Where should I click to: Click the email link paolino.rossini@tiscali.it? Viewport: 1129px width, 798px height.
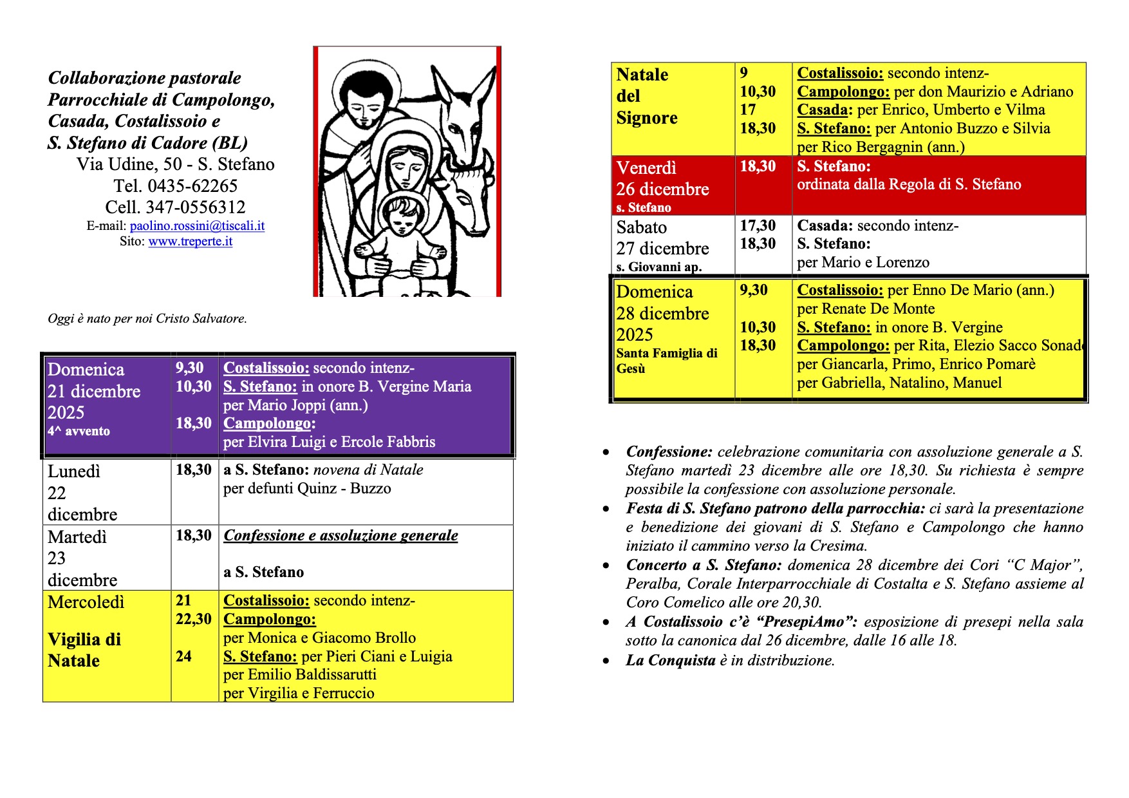pyautogui.click(x=197, y=226)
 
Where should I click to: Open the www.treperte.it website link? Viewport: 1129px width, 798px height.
pyautogui.click(x=190, y=242)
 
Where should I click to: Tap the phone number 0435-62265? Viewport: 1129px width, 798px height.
pyautogui.click(x=192, y=186)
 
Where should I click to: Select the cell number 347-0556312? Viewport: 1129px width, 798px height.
pyautogui.click(x=196, y=207)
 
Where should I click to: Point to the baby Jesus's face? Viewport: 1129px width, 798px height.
pyautogui.click(x=403, y=220)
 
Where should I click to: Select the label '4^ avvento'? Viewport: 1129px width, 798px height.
pyautogui.click(x=79, y=432)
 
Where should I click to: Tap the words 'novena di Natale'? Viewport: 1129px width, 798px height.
pyautogui.click(x=368, y=470)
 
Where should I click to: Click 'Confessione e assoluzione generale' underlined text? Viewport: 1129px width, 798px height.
pyautogui.click(x=341, y=536)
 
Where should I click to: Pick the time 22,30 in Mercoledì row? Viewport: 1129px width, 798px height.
pyautogui.click(x=193, y=619)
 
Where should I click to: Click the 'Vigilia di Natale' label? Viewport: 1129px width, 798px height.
pyautogui.click(x=84, y=650)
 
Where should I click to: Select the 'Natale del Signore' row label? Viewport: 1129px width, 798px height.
pyautogui.click(x=646, y=97)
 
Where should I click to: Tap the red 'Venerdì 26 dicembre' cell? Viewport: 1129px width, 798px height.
pyautogui.click(x=662, y=179)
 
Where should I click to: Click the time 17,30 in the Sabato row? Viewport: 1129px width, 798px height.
pyautogui.click(x=758, y=225)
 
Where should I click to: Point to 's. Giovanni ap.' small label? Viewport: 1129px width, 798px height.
pyautogui.click(x=658, y=267)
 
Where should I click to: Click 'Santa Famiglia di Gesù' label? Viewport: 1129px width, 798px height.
pyautogui.click(x=666, y=361)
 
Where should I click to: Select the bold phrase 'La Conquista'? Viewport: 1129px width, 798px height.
pyautogui.click(x=670, y=660)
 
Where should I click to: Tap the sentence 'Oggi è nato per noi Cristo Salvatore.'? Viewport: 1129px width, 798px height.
pyautogui.click(x=147, y=319)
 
